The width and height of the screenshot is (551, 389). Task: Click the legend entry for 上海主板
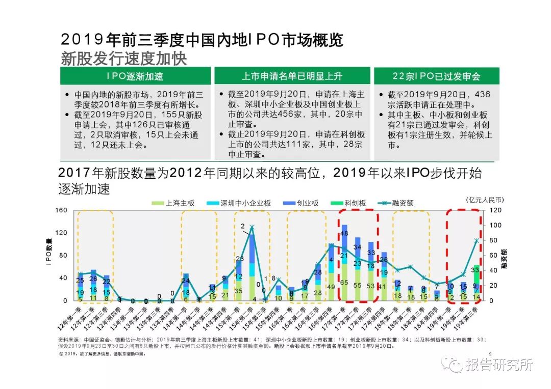(x=176, y=203)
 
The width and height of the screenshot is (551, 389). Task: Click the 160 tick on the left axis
(x=61, y=210)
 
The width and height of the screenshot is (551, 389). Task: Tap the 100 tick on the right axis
(x=496, y=225)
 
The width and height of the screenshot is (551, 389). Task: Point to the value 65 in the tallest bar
(x=344, y=283)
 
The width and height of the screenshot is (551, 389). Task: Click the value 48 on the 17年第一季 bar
(x=344, y=233)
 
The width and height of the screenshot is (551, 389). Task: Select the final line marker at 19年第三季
(x=477, y=240)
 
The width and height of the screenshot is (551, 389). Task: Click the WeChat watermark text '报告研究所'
(x=499, y=365)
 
